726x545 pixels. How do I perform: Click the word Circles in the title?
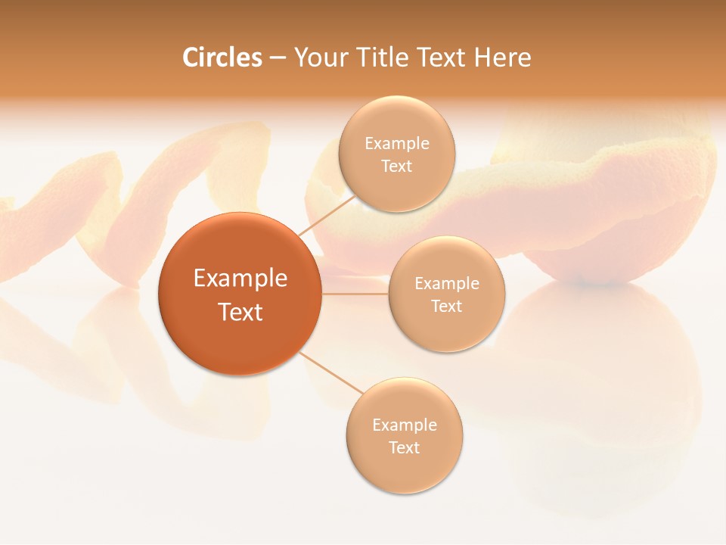click(x=222, y=58)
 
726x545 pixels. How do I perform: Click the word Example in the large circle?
click(x=240, y=279)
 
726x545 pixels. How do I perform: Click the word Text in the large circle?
click(x=240, y=312)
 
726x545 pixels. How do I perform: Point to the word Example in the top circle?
click(x=396, y=143)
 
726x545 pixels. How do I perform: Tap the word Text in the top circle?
click(x=396, y=166)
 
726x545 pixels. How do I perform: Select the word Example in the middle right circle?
click(x=447, y=283)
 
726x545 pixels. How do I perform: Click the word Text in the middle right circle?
click(x=447, y=306)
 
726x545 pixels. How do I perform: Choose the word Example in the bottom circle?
click(x=404, y=425)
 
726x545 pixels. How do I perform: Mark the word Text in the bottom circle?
click(x=404, y=447)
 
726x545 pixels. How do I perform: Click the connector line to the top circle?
click(x=327, y=215)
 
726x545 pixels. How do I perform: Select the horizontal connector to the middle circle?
click(x=355, y=294)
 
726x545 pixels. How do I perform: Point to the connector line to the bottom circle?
click(x=331, y=372)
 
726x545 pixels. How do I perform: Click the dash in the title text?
click(x=278, y=58)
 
